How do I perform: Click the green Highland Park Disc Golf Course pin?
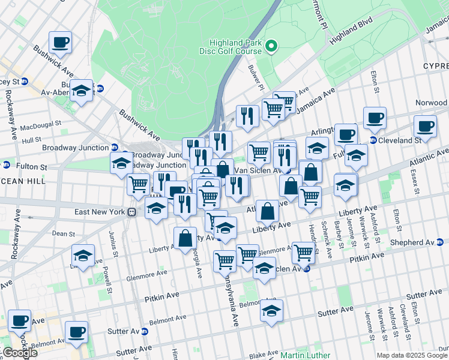271,46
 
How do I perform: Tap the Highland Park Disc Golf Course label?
236,47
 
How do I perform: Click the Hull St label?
31,140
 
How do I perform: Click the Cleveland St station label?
400,140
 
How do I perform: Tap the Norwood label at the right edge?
431,103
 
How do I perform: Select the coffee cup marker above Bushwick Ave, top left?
60,42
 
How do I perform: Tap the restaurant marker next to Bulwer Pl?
247,116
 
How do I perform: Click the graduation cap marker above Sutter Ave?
272,311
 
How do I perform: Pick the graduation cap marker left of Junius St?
83,255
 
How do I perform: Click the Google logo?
20,353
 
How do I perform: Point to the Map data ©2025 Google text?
411,355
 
